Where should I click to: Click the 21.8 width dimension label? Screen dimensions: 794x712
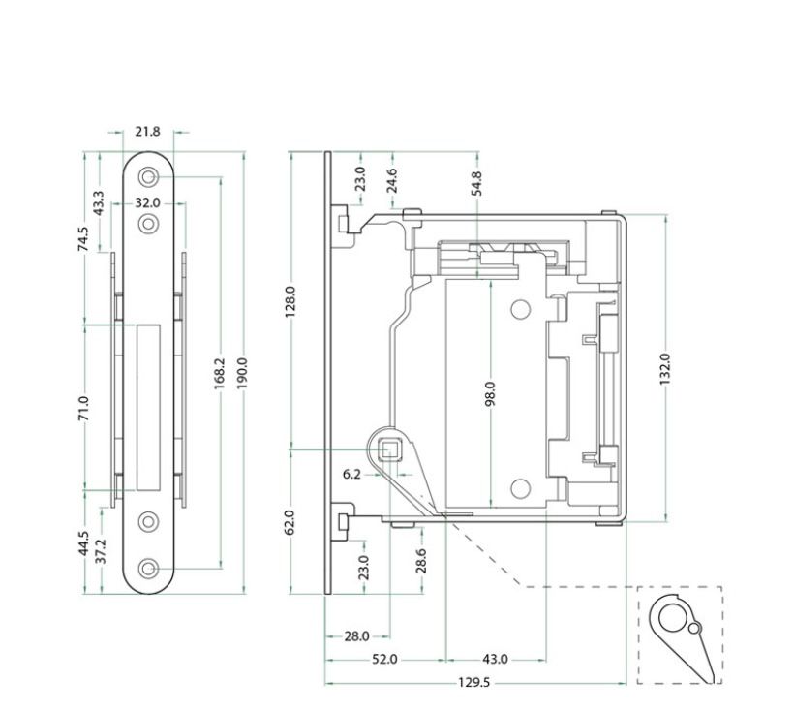pos(147,132)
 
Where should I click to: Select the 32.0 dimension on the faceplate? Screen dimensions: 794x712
pos(147,203)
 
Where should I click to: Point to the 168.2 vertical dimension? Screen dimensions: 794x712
pos(219,374)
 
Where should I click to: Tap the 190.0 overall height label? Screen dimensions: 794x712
pos(242,374)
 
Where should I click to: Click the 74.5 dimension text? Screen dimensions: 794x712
pos(83,238)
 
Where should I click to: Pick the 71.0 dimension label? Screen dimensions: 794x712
pos(84,409)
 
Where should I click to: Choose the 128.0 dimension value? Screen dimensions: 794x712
pos(290,302)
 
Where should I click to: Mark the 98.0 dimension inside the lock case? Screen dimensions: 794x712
pos(490,393)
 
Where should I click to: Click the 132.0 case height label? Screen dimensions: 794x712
pos(665,369)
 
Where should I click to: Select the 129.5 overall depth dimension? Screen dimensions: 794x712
pos(473,683)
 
